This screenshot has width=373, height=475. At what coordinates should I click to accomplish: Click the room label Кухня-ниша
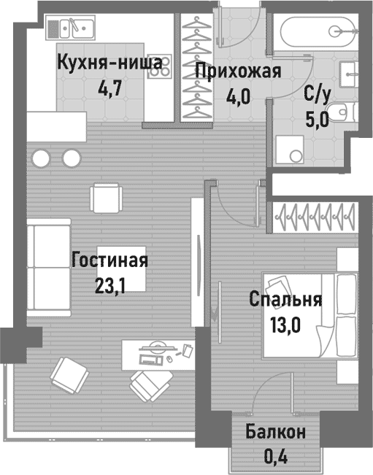coord(109,63)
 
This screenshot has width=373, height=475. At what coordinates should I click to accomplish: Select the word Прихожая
coord(238,71)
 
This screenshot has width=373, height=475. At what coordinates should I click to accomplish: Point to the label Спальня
coord(285,299)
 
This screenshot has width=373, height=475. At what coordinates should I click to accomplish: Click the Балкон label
coord(275,432)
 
